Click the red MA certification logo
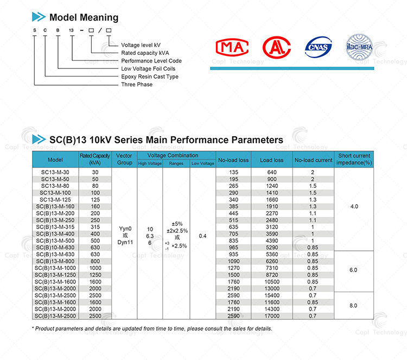coord(232,47)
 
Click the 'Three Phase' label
coord(137,85)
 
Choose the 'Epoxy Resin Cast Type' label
coord(150,77)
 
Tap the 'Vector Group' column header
coord(124,159)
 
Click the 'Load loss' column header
coord(272,160)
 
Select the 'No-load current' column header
coord(313,160)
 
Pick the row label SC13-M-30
coord(55,172)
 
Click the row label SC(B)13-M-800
coord(55,261)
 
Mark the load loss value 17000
coord(272,315)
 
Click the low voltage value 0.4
coord(202,236)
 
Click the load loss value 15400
coord(272,295)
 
